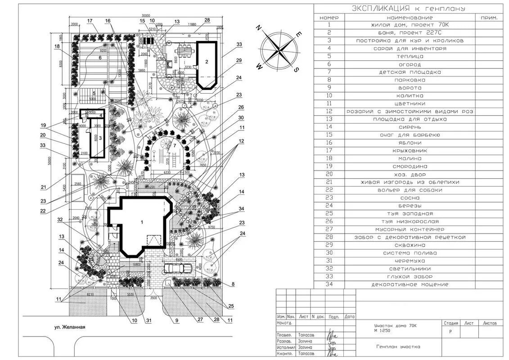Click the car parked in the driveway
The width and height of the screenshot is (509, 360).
click(179, 269)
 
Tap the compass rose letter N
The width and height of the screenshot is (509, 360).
click(259, 28)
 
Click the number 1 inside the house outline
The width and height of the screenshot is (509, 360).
click(142, 222)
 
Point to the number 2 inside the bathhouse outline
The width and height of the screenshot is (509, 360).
click(207, 62)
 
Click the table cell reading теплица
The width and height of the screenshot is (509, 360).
click(410, 56)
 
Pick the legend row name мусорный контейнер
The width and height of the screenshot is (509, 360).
click(410, 229)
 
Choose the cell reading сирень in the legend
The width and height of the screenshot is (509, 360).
click(410, 127)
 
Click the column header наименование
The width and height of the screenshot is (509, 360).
click(410, 18)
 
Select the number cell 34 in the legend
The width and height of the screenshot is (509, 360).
click(329, 284)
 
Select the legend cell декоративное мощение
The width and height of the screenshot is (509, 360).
click(410, 284)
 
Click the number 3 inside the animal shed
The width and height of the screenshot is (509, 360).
click(101, 137)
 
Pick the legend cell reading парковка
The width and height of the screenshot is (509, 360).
click(410, 80)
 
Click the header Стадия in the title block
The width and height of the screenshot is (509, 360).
click(450, 323)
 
